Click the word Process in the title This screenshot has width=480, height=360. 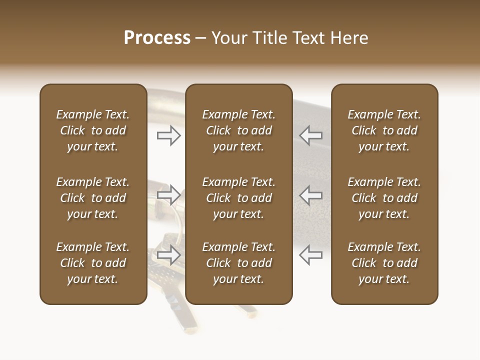coord(157,37)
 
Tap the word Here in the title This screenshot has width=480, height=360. coord(349,37)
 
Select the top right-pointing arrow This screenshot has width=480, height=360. coord(168,135)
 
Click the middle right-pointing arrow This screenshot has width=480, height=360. coord(168,195)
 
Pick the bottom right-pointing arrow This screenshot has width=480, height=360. coord(168,254)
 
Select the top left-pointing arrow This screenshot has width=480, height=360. coord(311,135)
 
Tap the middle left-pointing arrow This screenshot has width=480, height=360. coord(311,195)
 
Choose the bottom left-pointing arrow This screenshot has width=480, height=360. coord(311,254)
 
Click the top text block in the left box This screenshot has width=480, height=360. coord(93,130)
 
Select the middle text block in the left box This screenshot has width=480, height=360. coord(93,198)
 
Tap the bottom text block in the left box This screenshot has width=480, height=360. coord(93,263)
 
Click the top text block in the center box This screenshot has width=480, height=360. coord(239,130)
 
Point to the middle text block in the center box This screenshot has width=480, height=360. coord(239,198)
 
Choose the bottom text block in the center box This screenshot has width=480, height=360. coord(239,263)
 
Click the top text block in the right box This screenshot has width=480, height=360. coord(384,130)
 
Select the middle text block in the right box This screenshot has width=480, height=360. coord(384,198)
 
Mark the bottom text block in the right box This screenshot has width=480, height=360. coord(384,263)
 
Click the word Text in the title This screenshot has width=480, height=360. coord(309,37)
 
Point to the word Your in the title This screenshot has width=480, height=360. coord(228,37)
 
